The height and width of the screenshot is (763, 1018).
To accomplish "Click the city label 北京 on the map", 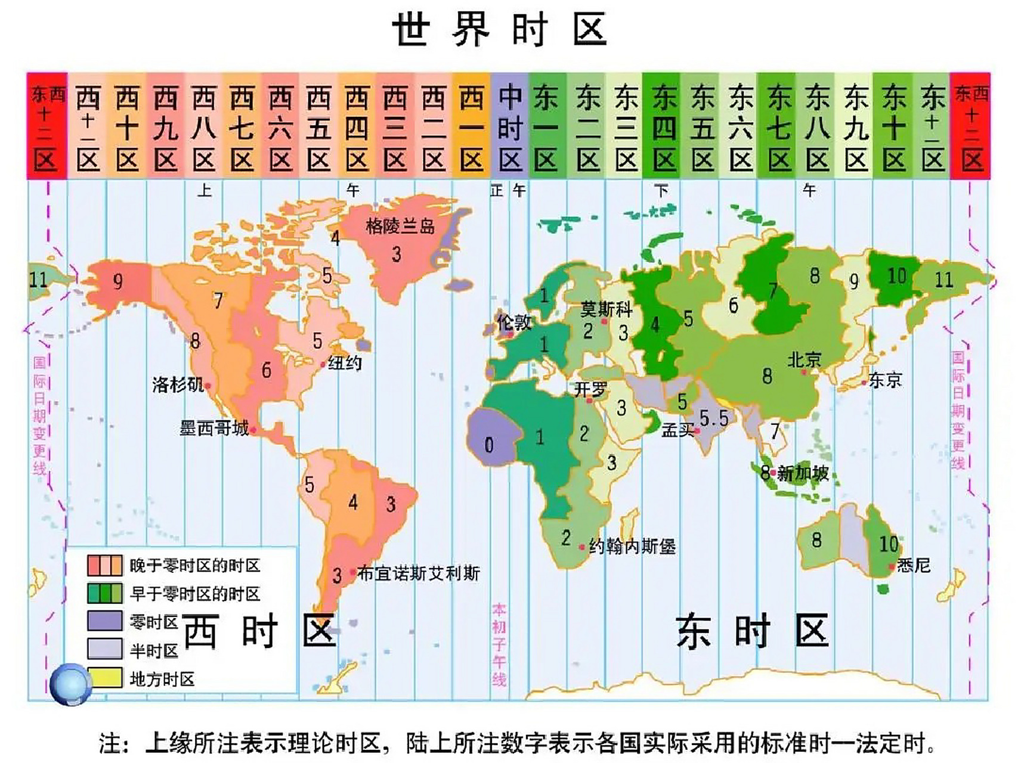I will [x=805, y=359].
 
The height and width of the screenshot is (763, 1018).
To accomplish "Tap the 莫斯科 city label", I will [x=606, y=309].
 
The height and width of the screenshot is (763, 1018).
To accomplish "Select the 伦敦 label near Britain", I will [x=514, y=322].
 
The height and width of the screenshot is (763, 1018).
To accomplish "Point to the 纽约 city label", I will [x=345, y=362].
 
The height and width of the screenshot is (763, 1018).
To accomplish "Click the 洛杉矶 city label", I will [x=178, y=384].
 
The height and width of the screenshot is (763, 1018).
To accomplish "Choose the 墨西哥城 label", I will [x=214, y=428].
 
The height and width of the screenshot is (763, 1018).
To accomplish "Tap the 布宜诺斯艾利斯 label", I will [x=418, y=573].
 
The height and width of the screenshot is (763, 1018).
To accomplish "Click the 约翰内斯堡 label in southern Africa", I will [x=632, y=546].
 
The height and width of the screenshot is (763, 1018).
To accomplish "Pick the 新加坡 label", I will [x=803, y=473].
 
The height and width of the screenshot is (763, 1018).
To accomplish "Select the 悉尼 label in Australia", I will [x=913, y=565].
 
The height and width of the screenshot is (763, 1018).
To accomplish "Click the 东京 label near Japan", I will [x=885, y=380].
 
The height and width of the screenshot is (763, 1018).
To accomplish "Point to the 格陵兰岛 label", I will [x=400, y=226].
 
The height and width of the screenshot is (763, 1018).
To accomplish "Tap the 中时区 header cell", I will [x=510, y=126].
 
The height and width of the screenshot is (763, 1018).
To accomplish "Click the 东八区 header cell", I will [x=817, y=126].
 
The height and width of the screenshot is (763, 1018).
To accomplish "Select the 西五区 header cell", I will [x=318, y=126].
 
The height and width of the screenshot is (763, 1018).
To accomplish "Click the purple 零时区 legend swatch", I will [x=105, y=621].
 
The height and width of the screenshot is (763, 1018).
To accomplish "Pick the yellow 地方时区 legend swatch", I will [x=105, y=678].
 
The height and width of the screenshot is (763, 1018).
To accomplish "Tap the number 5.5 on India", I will [x=714, y=418].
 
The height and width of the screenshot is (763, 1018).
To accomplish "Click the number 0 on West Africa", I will [x=489, y=445].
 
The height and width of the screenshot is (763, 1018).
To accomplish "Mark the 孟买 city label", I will [x=677, y=430].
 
